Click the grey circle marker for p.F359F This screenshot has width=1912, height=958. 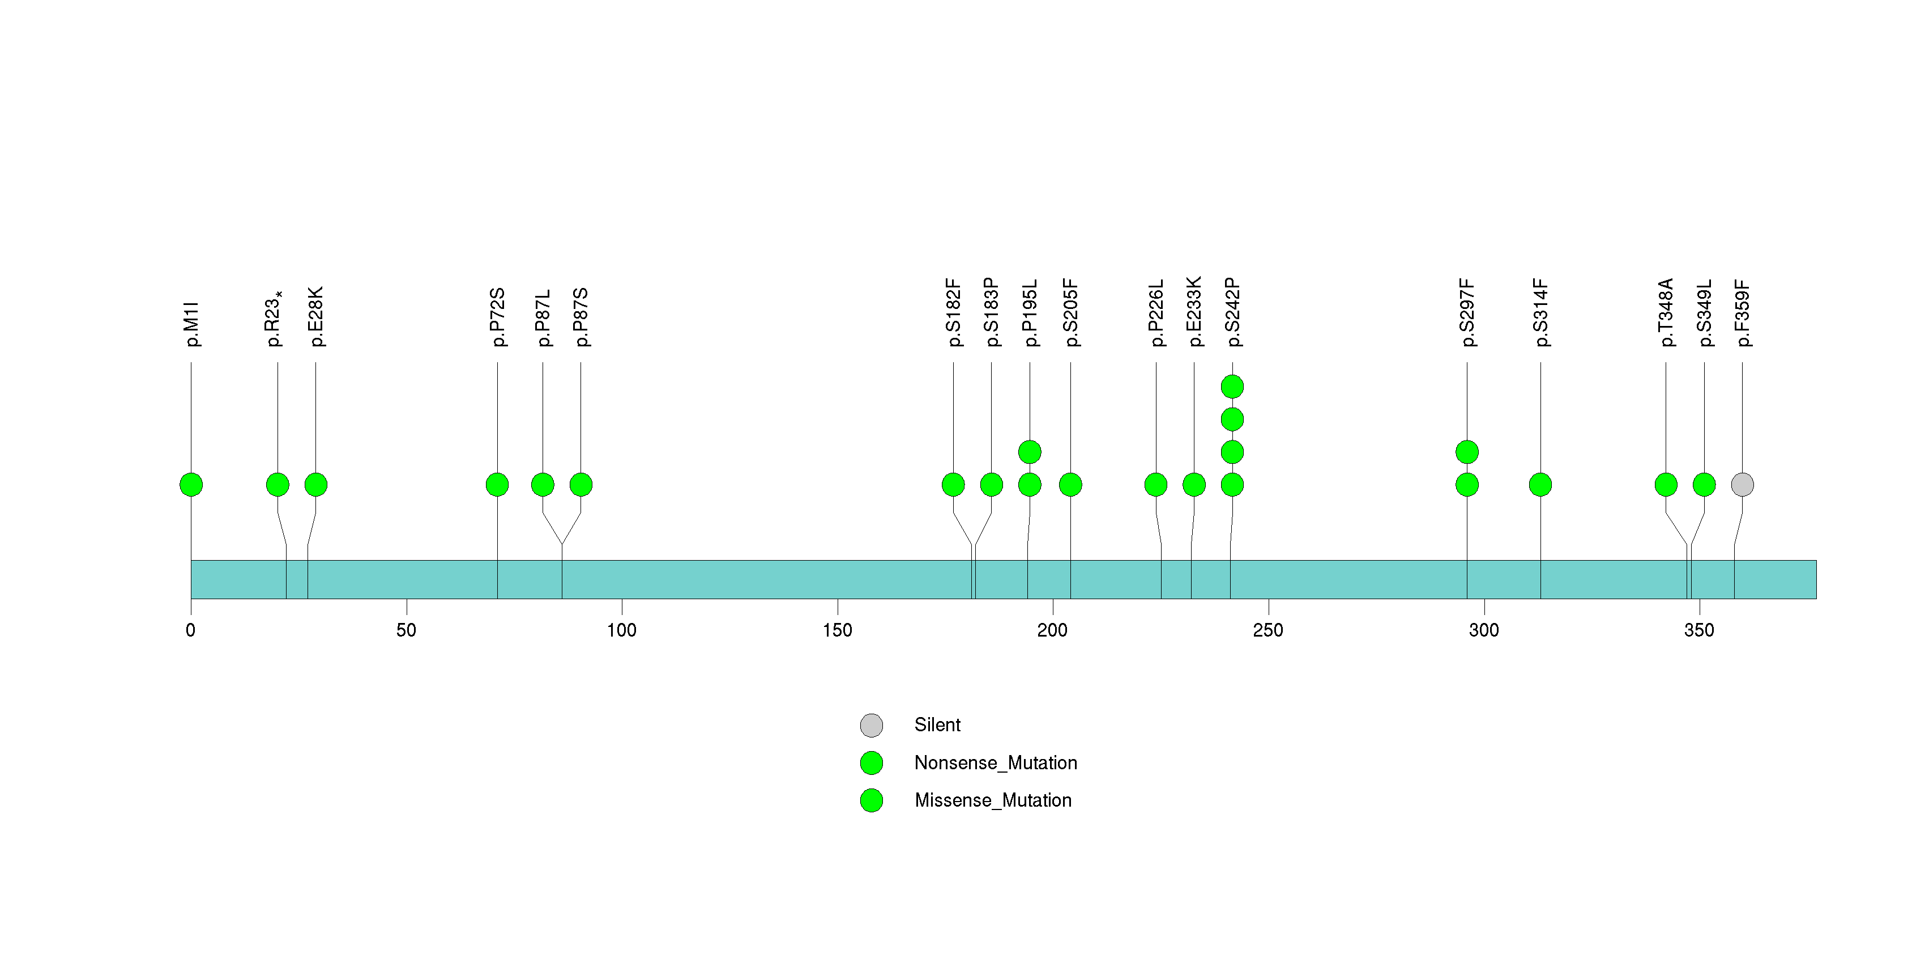[x=1742, y=485]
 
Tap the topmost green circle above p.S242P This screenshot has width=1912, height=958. [x=1232, y=387]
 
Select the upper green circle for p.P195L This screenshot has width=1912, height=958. [x=1030, y=452]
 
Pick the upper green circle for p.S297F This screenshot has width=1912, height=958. [x=1467, y=452]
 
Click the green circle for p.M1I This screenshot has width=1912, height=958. [x=191, y=485]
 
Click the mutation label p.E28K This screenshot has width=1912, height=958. [x=315, y=316]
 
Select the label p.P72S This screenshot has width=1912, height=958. [x=497, y=317]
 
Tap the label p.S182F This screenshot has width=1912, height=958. [x=953, y=313]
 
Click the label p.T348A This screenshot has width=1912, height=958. [x=1666, y=313]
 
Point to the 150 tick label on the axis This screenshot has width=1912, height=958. [x=837, y=630]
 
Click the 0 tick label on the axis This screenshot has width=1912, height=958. [x=191, y=630]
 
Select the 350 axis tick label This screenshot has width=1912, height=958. [x=1699, y=630]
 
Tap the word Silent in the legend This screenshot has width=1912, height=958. [x=937, y=725]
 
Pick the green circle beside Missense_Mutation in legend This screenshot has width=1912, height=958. [x=872, y=800]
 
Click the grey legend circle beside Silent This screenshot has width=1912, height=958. [x=872, y=726]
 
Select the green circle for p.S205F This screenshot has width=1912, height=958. [x=1070, y=485]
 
